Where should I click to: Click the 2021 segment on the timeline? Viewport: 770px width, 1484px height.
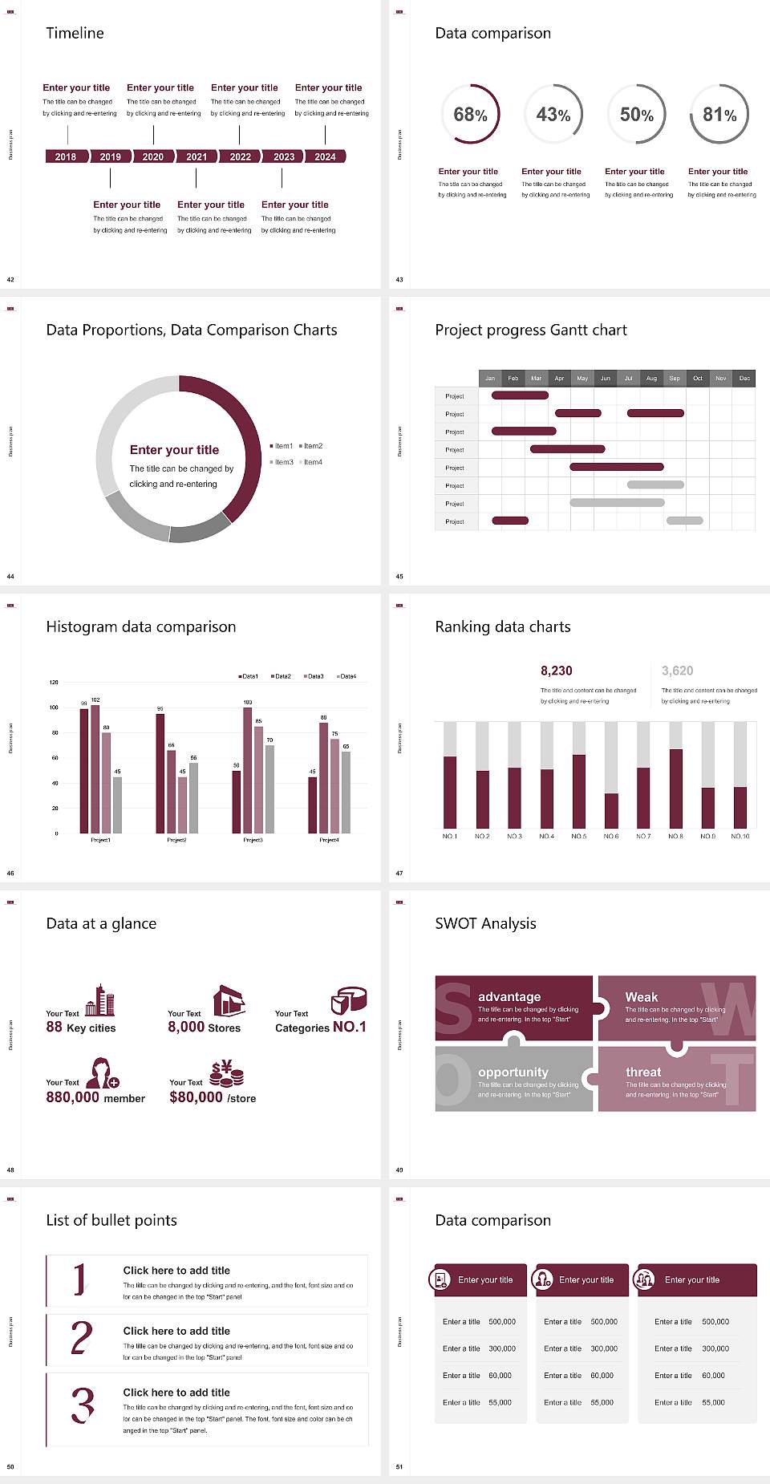click(197, 156)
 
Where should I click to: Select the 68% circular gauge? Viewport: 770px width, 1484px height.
click(470, 114)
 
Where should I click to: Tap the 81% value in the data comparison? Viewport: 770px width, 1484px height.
click(719, 115)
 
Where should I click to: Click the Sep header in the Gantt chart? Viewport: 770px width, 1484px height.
click(675, 378)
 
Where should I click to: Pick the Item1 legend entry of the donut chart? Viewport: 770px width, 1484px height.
click(282, 446)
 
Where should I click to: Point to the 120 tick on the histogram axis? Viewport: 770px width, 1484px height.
click(54, 683)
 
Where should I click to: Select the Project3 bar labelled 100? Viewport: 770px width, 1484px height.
click(247, 770)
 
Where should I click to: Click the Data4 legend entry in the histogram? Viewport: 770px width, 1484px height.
click(346, 676)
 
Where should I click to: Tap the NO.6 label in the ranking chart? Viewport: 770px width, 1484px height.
click(611, 836)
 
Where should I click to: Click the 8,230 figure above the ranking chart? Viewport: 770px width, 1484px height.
click(557, 671)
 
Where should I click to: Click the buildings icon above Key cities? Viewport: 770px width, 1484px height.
click(99, 1000)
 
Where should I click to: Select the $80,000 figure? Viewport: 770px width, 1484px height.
click(196, 1097)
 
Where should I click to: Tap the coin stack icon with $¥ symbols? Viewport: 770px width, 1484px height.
click(226, 1072)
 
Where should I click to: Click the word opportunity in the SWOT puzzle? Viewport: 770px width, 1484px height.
click(513, 1072)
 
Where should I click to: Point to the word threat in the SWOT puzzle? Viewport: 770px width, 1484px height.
click(643, 1072)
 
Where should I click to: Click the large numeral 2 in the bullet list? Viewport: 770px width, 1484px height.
click(82, 1338)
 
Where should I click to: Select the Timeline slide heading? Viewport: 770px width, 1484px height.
click(75, 33)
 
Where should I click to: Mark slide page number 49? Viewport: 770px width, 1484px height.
click(399, 1170)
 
